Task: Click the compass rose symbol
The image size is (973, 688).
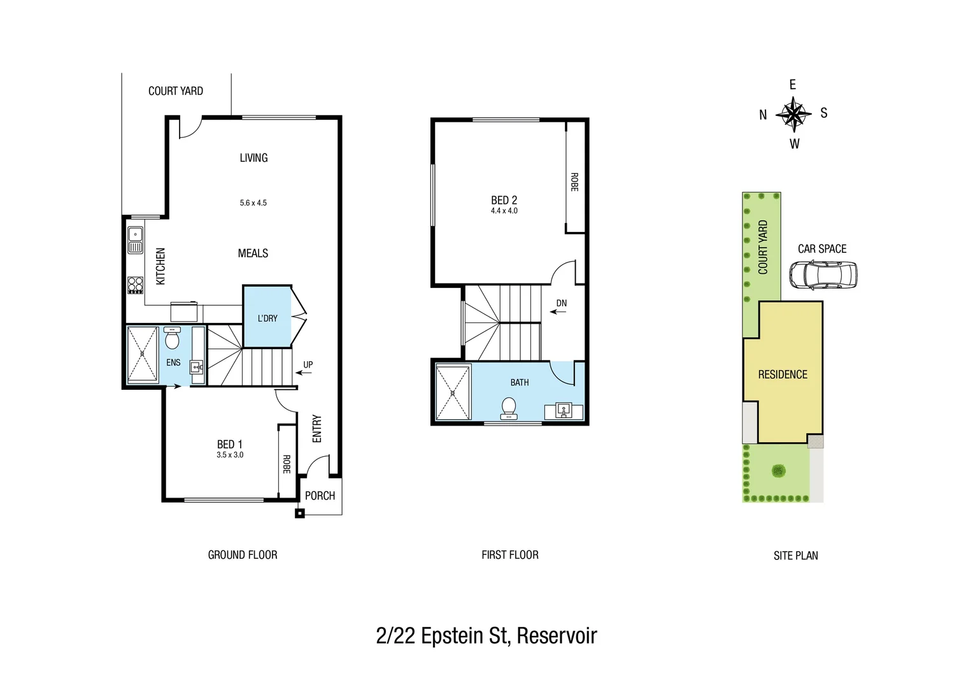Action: click(793, 115)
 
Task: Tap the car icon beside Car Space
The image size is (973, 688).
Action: click(823, 275)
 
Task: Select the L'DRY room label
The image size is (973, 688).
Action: click(267, 318)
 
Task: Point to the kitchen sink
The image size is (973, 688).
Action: click(135, 240)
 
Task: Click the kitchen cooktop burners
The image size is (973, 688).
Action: click(136, 284)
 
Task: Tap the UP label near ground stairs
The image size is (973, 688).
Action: click(308, 365)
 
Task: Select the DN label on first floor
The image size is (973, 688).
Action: click(561, 303)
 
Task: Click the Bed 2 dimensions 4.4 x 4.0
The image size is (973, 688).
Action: click(504, 211)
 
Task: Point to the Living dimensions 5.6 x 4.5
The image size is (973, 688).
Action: click(253, 203)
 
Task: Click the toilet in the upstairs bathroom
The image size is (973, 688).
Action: click(509, 408)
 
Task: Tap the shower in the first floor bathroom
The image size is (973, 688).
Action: click(453, 392)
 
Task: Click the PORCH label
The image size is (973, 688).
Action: click(320, 496)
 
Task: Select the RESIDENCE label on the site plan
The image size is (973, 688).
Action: click(783, 375)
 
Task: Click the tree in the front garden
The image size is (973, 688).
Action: click(778, 471)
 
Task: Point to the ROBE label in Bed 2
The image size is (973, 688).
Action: click(574, 182)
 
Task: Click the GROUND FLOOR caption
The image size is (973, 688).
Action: click(243, 555)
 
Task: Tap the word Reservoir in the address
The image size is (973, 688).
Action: click(557, 636)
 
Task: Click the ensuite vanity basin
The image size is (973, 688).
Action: click(197, 367)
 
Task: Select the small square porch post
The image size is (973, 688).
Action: click(300, 513)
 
